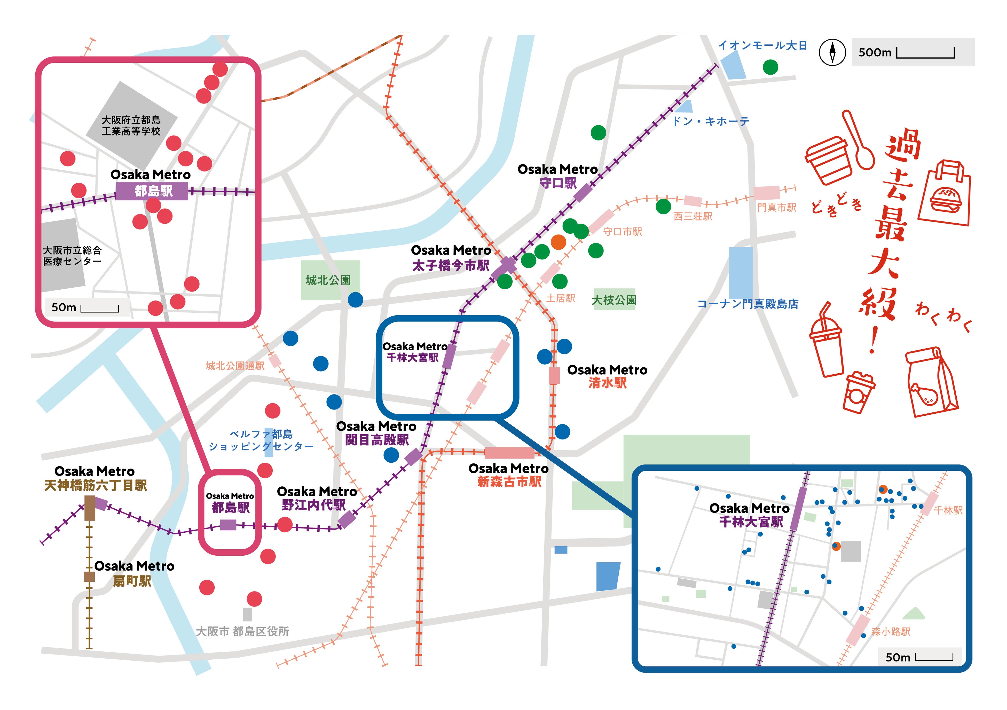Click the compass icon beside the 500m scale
832,52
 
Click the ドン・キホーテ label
711,122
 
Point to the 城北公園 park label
328,280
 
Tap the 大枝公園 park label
614,300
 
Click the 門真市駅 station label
777,207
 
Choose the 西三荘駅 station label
693,216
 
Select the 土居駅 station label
561,298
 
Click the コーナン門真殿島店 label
748,304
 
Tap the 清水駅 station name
608,383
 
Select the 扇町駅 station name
132,581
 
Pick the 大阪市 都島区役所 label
242,632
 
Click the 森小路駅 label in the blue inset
891,632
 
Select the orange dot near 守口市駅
558,242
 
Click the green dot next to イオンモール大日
770,67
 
